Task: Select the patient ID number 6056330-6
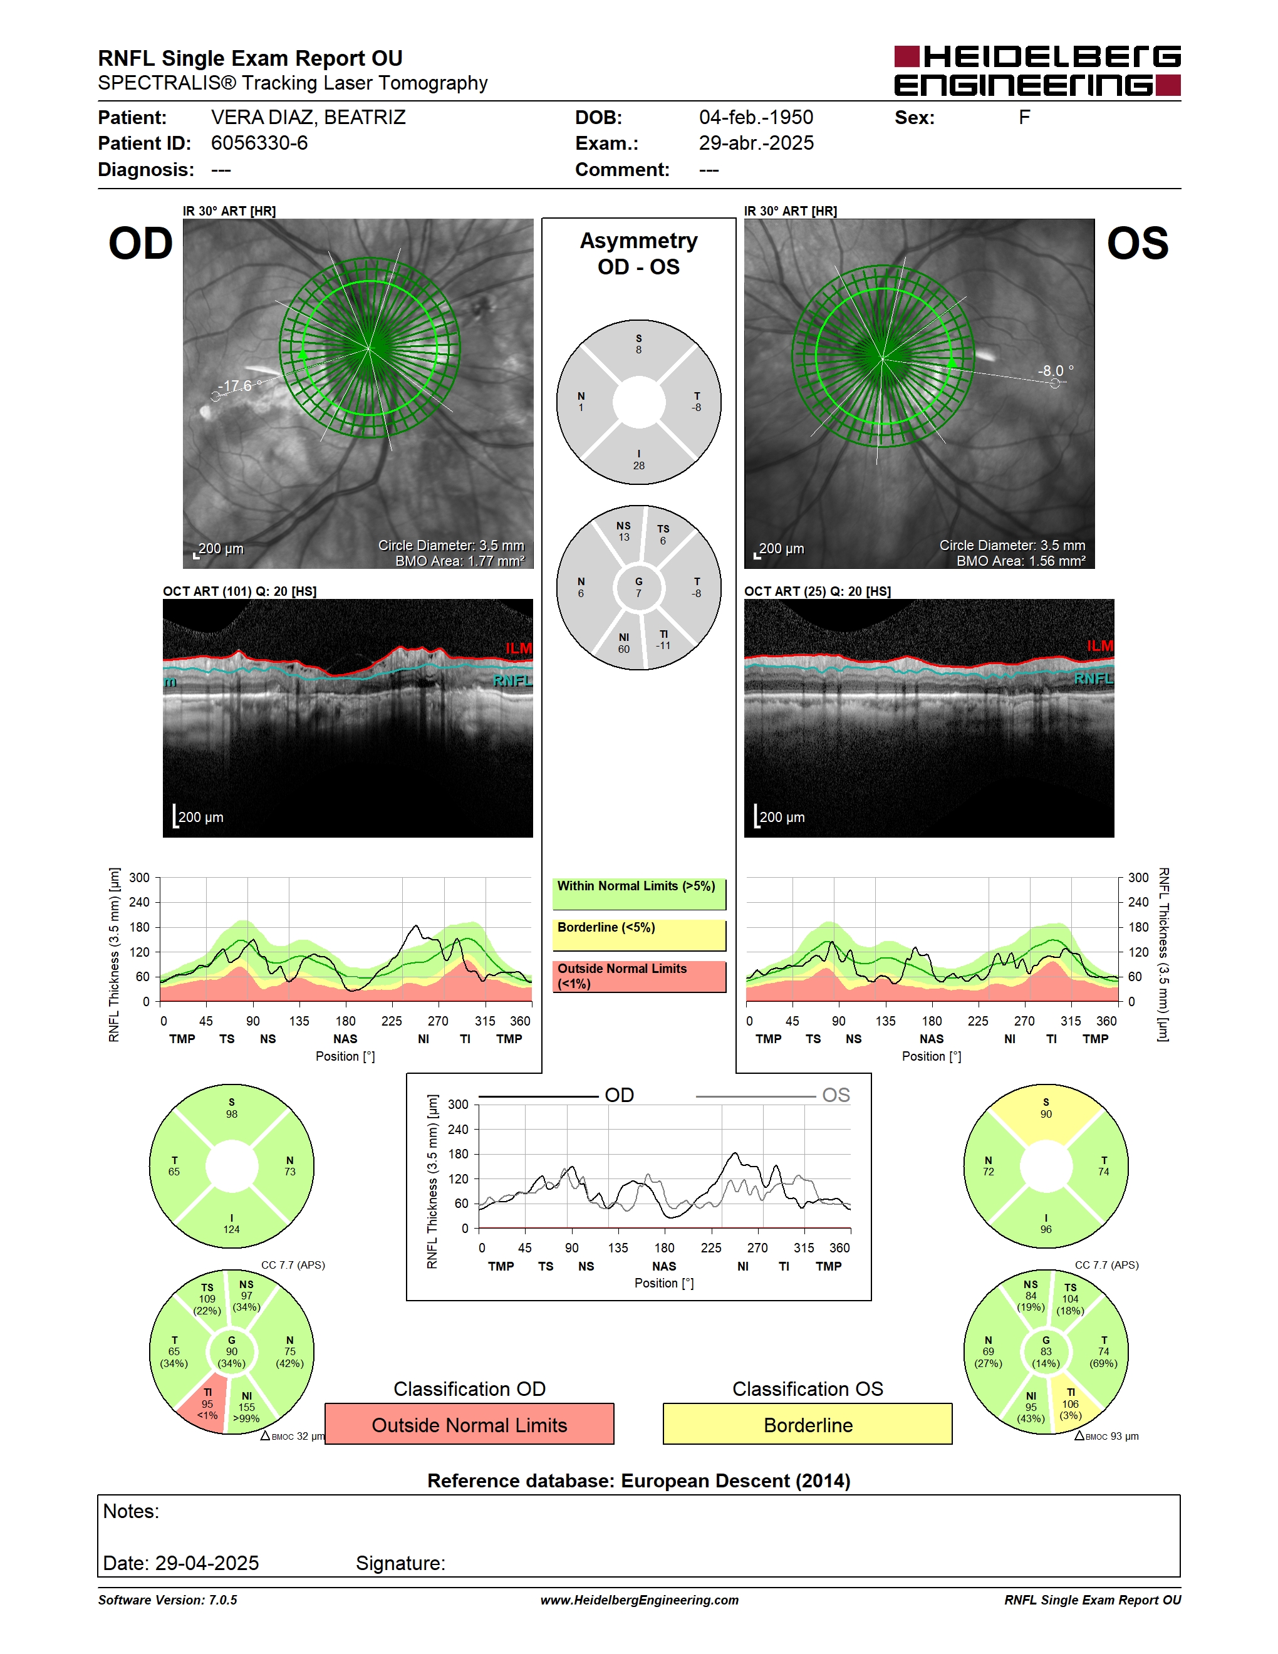[x=259, y=143]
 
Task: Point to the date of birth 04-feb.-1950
[x=756, y=117]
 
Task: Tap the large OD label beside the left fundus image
[x=141, y=243]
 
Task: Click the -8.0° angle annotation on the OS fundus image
[x=1056, y=370]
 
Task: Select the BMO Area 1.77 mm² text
[x=460, y=561]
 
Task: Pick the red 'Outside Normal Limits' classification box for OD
[x=469, y=1425]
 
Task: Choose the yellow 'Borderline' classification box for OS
[x=808, y=1425]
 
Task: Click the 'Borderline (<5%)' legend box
[x=639, y=935]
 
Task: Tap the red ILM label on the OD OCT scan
[x=519, y=648]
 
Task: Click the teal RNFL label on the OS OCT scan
[x=1094, y=679]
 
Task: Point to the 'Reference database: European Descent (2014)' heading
[x=639, y=1480]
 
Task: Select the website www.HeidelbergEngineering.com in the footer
[x=639, y=1599]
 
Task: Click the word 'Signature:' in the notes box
[x=400, y=1563]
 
